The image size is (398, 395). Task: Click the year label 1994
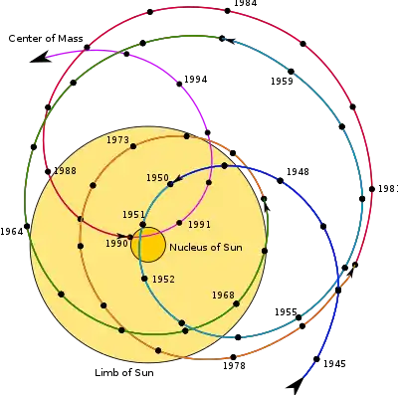pos(195,80)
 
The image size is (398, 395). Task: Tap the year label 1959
pos(282,82)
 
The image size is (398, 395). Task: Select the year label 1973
pos(117,140)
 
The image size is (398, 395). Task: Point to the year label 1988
pos(65,171)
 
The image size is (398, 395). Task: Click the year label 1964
pos(12,232)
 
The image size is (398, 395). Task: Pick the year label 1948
pos(298,172)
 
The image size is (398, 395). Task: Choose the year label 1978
pos(234,366)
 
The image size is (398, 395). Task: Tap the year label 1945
pos(334,364)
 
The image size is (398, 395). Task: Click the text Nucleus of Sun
pos(206,248)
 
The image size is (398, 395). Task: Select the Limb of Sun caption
pos(124,372)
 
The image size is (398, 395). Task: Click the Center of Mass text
pos(46,39)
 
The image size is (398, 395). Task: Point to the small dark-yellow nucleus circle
pos(148,245)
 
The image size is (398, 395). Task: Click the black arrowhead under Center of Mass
pos(40,57)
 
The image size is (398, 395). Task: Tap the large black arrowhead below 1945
pos(296,385)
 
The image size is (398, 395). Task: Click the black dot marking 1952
pos(144,279)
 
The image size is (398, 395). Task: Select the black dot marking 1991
pos(179,223)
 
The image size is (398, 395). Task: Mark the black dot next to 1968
pos(236,303)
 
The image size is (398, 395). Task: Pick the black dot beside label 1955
pos(298,317)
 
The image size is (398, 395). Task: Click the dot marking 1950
pos(170,184)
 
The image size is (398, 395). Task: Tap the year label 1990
pos(116,244)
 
